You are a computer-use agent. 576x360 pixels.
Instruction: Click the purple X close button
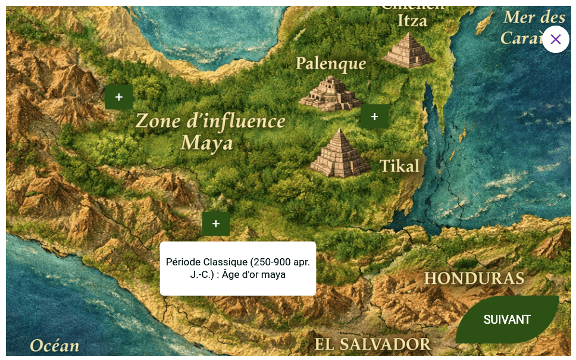[x=555, y=39]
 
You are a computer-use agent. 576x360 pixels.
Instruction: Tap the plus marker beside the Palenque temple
[x=374, y=117]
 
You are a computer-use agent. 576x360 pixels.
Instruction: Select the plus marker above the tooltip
[x=216, y=224]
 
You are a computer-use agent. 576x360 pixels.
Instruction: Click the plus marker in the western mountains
[x=119, y=97]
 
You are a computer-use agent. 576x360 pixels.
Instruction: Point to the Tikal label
[x=399, y=166]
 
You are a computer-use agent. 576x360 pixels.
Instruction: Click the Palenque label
[x=331, y=63]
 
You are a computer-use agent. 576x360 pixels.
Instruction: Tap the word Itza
[x=412, y=21]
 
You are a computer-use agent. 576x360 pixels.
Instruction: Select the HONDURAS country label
[x=474, y=278]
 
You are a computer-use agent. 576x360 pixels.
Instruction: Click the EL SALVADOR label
[x=372, y=344]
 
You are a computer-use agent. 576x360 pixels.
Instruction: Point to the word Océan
[x=55, y=346]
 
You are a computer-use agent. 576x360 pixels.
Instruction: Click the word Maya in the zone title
[x=206, y=143]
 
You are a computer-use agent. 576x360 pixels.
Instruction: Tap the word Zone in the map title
[x=156, y=121]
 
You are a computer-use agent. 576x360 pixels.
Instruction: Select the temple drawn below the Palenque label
[x=329, y=94]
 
